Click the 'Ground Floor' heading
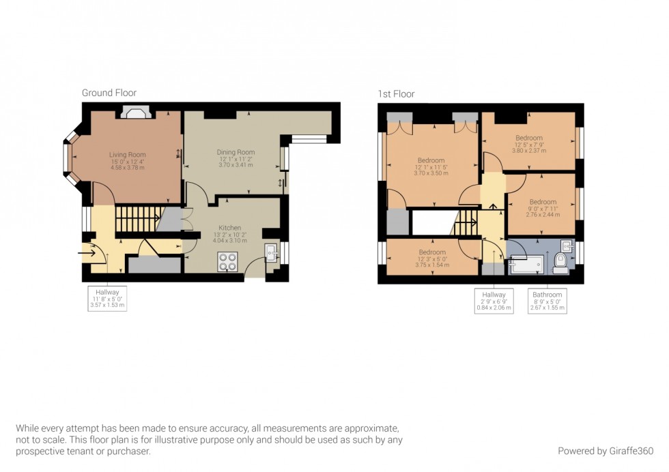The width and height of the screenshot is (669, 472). coord(109,93)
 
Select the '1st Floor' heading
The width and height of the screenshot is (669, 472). coord(396,94)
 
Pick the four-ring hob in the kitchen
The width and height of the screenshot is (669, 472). coord(227,261)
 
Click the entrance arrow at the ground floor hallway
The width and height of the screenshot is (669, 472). coord(88,253)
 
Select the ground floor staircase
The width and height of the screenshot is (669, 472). coord(137,220)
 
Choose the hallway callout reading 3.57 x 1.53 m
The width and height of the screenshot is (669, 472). coord(108,299)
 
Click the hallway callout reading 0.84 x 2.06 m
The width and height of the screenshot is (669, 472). coord(494,301)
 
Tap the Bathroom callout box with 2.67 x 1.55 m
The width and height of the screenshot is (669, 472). coord(547,301)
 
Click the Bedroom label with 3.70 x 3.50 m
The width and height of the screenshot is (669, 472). coord(431,166)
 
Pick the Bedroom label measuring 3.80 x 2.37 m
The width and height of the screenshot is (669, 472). coord(528,144)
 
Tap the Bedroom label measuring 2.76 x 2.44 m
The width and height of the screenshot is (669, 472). coord(543,207)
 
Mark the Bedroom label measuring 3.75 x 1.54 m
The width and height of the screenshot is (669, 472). coord(432,258)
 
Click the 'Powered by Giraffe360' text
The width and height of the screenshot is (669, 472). coord(606,451)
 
